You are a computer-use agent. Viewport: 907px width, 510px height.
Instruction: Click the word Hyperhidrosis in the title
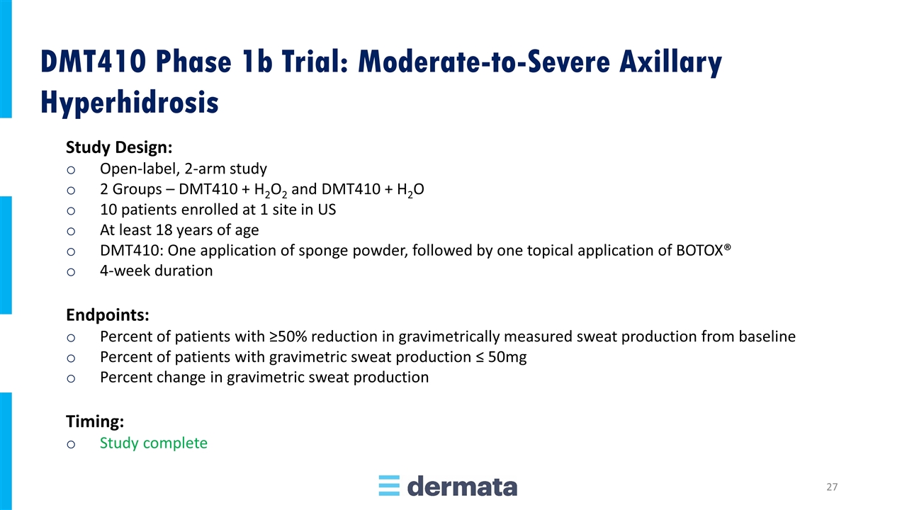(x=130, y=102)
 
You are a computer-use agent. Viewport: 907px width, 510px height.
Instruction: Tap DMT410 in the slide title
(x=93, y=62)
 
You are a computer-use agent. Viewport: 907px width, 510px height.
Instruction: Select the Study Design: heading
(x=119, y=147)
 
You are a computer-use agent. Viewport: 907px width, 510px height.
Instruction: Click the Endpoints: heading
(x=108, y=315)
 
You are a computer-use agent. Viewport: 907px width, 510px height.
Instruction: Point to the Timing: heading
(x=95, y=421)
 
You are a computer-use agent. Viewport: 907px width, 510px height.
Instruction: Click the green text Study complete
(x=154, y=443)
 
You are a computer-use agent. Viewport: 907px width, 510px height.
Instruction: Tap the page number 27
(x=832, y=487)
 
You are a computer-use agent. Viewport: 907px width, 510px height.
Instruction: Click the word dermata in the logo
(x=462, y=486)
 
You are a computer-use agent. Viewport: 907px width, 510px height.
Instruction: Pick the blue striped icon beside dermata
(x=389, y=486)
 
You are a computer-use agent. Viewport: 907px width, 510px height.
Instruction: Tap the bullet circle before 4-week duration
(x=71, y=271)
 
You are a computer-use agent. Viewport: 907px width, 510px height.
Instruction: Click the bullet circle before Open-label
(x=71, y=170)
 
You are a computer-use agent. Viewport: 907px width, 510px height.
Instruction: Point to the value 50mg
(x=507, y=358)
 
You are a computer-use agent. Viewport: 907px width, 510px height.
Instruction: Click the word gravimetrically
(x=449, y=336)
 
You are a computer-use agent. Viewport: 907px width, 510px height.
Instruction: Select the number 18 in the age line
(x=164, y=230)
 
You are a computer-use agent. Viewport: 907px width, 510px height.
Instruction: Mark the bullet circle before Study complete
(x=71, y=444)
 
